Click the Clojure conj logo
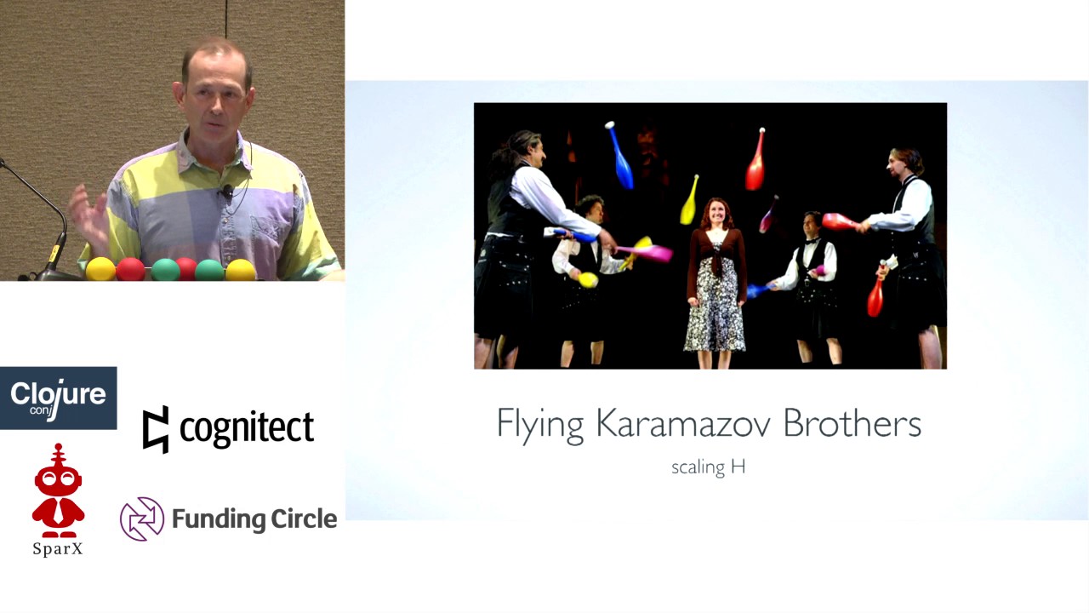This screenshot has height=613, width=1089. tap(58, 398)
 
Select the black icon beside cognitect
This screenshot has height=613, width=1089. tap(156, 429)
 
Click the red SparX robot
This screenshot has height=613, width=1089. tap(58, 491)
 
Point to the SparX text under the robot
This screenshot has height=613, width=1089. tap(58, 549)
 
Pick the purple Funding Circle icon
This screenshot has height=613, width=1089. tap(141, 518)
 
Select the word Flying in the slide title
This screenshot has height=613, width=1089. tap(539, 424)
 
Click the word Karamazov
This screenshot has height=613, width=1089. tap(684, 423)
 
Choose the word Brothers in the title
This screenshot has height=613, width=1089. tap(852, 423)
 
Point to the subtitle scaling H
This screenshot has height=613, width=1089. tap(708, 467)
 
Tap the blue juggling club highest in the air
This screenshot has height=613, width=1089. tap(619, 156)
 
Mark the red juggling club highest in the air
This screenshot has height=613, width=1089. tap(755, 160)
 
